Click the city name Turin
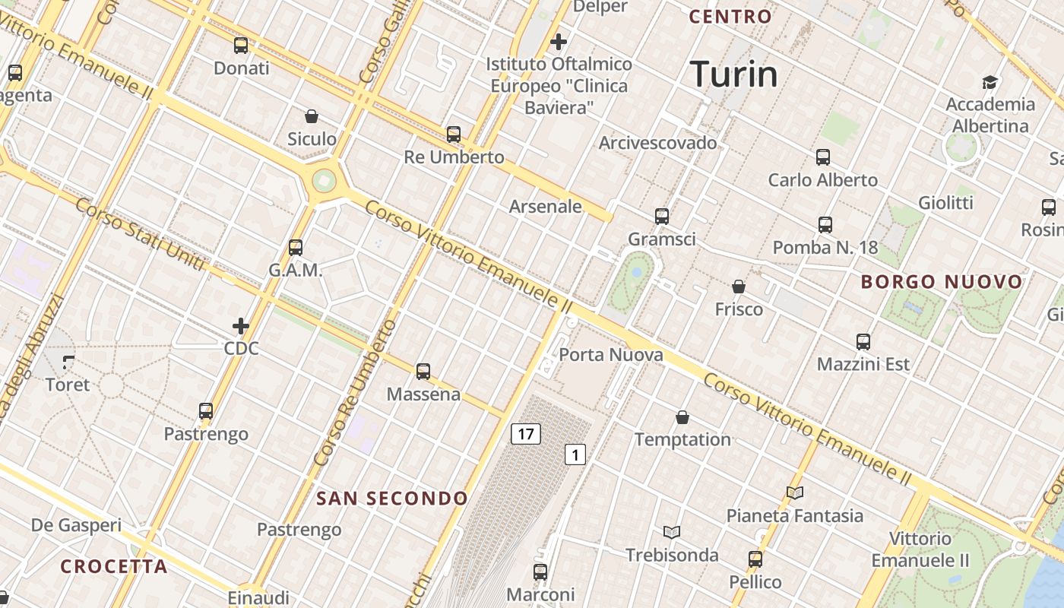point(734,74)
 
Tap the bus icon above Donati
point(241,46)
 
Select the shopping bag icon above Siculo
point(311,116)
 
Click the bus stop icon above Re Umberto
point(454,135)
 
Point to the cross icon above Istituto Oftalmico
point(559,42)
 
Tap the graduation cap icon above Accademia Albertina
point(990,82)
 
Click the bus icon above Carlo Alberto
point(822,157)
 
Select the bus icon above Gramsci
point(661,217)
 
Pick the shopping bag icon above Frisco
point(738,287)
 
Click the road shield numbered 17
point(525,434)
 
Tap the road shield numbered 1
point(575,454)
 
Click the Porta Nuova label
point(610,355)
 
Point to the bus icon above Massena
point(423,372)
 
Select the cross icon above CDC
point(241,326)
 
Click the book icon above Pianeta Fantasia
point(794,493)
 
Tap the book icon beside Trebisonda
point(671,532)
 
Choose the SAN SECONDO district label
point(392,499)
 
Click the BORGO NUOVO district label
point(942,282)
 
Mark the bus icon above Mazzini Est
point(863,342)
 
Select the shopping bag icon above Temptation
point(682,417)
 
